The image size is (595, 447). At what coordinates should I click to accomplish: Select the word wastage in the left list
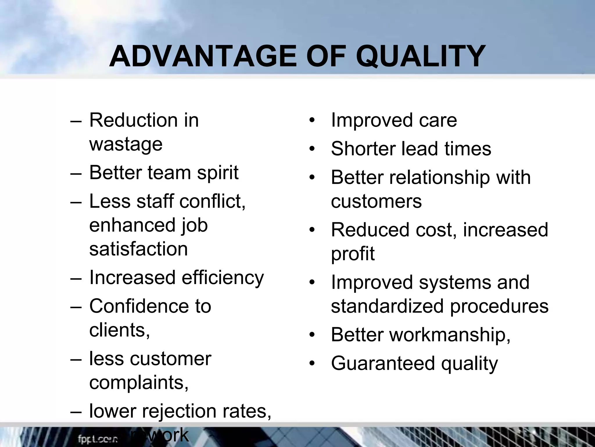(126, 144)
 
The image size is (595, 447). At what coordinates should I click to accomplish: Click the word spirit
(218, 173)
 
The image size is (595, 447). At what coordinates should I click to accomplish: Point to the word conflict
(212, 201)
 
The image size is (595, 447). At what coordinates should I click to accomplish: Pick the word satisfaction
(139, 249)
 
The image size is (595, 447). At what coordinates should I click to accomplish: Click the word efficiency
(223, 278)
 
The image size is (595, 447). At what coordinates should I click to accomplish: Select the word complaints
(139, 383)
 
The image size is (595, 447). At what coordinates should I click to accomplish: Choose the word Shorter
(363, 148)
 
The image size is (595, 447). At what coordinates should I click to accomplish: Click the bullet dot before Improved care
(312, 120)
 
